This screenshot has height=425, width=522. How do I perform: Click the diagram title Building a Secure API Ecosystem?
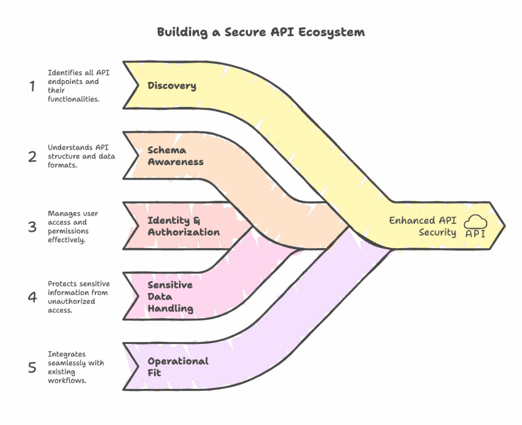pyautogui.click(x=260, y=32)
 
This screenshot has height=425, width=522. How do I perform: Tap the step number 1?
pyautogui.click(x=32, y=87)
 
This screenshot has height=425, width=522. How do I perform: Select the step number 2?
pyautogui.click(x=32, y=156)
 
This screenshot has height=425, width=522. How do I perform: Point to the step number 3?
pyautogui.click(x=32, y=226)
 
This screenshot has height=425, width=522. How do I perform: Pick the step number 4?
pyautogui.click(x=32, y=297)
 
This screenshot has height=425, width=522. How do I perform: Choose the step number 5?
pyautogui.click(x=32, y=367)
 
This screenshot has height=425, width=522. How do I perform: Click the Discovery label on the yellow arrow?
pyautogui.click(x=172, y=86)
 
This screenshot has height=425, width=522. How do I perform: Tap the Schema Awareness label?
pyautogui.click(x=175, y=156)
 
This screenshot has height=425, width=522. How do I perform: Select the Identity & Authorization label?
pyautogui.click(x=184, y=226)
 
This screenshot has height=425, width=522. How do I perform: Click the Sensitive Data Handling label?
pyautogui.click(x=170, y=297)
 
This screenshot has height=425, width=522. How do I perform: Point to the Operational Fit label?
pyautogui.click(x=178, y=367)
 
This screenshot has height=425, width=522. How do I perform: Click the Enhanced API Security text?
pyautogui.click(x=423, y=226)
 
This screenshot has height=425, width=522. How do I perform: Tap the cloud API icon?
pyautogui.click(x=475, y=226)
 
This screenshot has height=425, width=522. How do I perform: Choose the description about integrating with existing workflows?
pyautogui.click(x=76, y=367)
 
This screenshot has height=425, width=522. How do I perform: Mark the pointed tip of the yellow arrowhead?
pyautogui.click(x=505, y=225)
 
